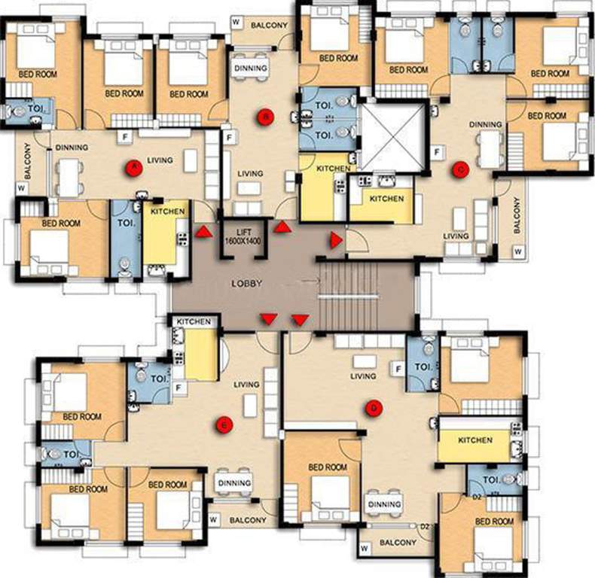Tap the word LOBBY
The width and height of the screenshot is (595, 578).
pyautogui.click(x=247, y=284)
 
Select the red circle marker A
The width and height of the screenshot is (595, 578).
pyautogui.click(x=133, y=167)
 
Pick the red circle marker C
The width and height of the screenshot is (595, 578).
pyautogui.click(x=459, y=170)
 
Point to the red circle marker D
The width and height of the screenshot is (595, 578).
pyautogui.click(x=374, y=408)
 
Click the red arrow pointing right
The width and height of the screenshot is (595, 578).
pyautogui.click(x=335, y=239)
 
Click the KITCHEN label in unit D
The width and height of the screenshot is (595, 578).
pyautogui.click(x=474, y=440)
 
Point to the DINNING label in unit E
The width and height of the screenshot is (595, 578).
pyautogui.click(x=233, y=483)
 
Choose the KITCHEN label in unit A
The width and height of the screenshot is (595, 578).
pyautogui.click(x=168, y=213)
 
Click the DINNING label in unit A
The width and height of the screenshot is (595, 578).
pyautogui.click(x=72, y=148)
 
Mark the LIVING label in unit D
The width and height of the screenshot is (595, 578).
pyautogui.click(x=363, y=376)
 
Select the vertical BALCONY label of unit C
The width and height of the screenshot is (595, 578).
pyautogui.click(x=517, y=215)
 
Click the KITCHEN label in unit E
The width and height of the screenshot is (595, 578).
pyautogui.click(x=194, y=322)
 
